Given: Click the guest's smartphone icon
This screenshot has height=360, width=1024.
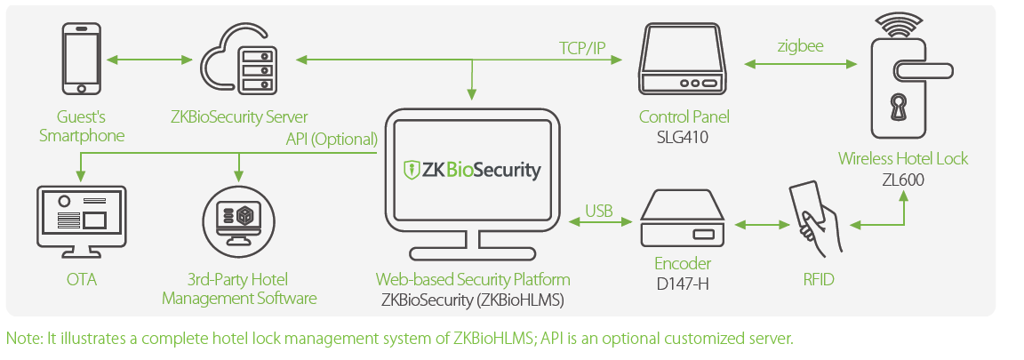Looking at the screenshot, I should pyautogui.click(x=81, y=59).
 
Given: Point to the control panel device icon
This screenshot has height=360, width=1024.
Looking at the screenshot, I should pyautogui.click(x=683, y=60).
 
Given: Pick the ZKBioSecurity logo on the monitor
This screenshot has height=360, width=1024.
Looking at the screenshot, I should pyautogui.click(x=472, y=170).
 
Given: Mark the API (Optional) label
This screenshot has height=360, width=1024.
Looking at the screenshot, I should pyautogui.click(x=332, y=139).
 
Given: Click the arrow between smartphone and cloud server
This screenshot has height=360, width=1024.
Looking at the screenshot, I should pyautogui.click(x=149, y=60).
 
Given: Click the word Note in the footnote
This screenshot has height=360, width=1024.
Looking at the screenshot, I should pyautogui.click(x=20, y=339).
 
